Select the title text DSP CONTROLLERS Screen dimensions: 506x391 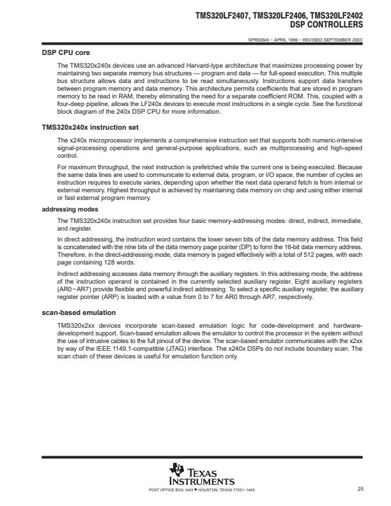[x=326, y=24]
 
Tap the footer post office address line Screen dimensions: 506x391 [x=201, y=490]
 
